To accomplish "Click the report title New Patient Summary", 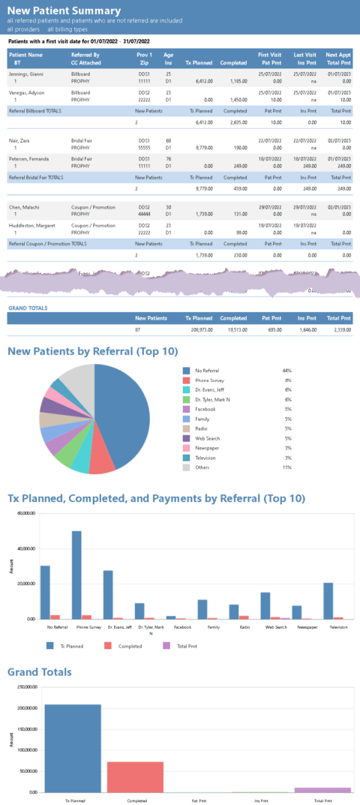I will click(x=63, y=11).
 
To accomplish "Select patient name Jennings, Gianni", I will click(x=26, y=75).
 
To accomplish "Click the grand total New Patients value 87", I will click(x=136, y=329).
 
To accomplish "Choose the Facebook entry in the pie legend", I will click(x=205, y=409).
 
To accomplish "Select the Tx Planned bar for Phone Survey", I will click(x=76, y=574).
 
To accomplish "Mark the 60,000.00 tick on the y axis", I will click(x=25, y=513).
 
